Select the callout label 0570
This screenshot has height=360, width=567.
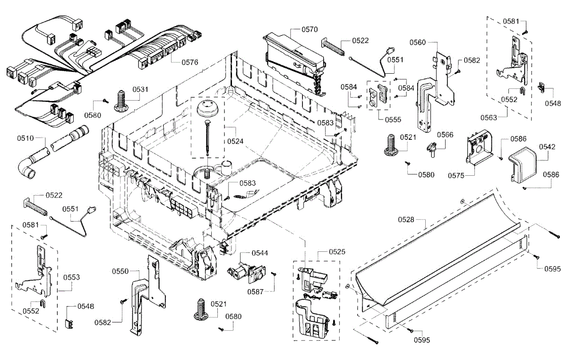pos(309,29)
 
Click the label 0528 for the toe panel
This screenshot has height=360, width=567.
pos(406,220)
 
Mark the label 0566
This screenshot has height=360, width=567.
pos(445,135)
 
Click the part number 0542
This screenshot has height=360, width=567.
pos(547,146)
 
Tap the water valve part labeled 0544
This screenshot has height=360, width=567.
pos(245,273)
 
